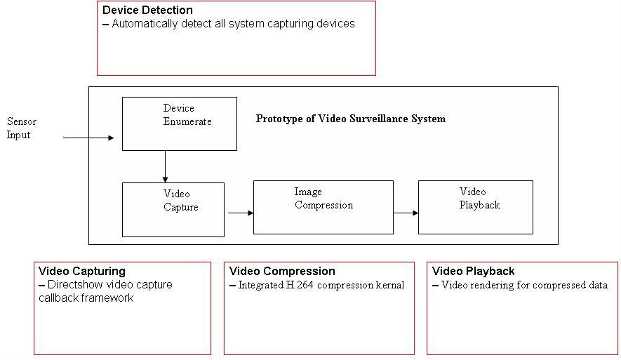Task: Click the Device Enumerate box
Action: pos(179,124)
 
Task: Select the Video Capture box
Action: pos(173,209)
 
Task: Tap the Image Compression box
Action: pos(323,207)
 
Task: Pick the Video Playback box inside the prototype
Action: pos(475,207)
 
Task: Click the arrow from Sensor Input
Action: pos(88,138)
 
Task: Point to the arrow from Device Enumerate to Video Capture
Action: pos(165,166)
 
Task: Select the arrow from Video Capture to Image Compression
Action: pos(239,212)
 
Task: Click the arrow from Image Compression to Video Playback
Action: pos(406,212)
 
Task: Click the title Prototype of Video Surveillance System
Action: pos(350,119)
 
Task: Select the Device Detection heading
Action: pos(147,11)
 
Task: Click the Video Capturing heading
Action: pos(82,271)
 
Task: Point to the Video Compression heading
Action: pos(282,271)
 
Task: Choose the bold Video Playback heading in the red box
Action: pos(473,271)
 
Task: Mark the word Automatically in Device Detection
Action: pos(147,24)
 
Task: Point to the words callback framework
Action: pos(86,298)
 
